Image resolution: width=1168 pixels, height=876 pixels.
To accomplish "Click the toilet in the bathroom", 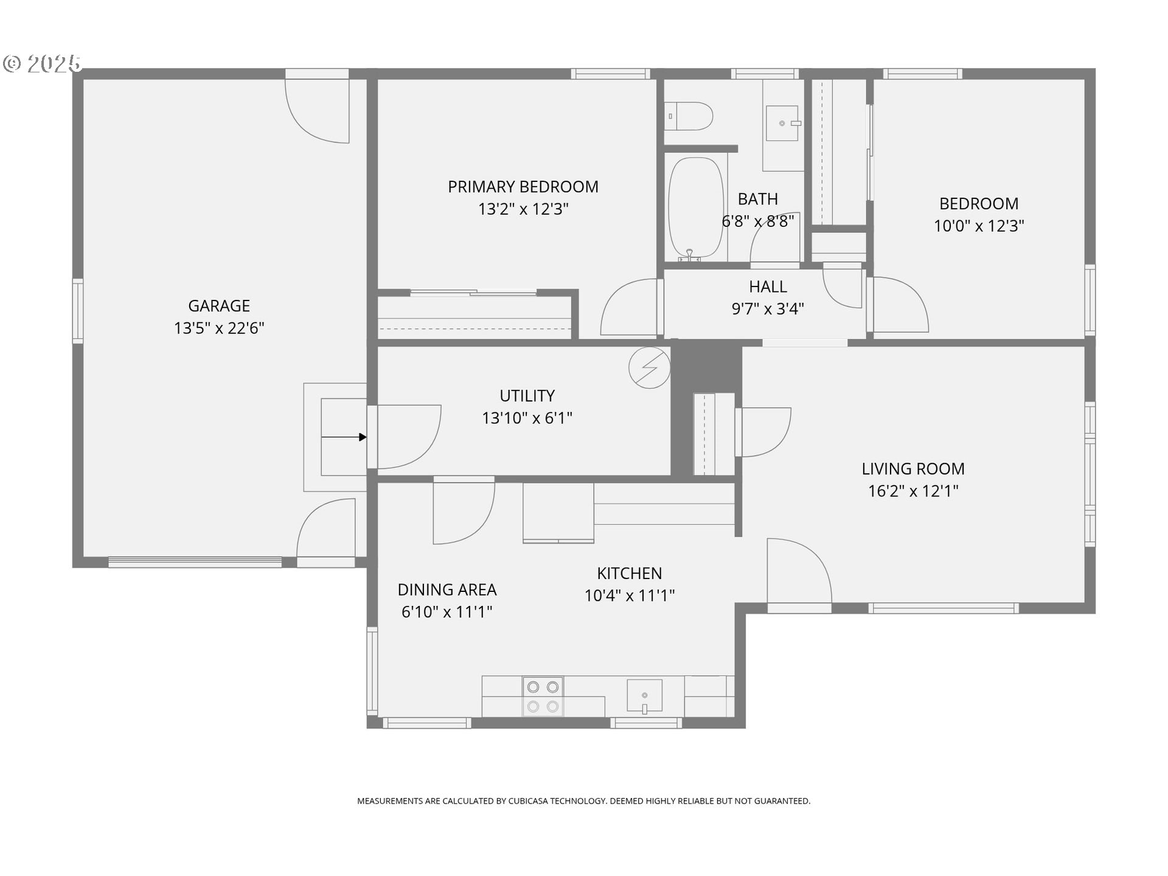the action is pyautogui.click(x=689, y=116).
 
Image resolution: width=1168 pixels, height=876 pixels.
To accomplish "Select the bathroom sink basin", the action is pyautogui.click(x=782, y=123).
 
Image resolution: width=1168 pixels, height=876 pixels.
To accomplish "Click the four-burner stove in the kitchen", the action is pyautogui.click(x=543, y=697).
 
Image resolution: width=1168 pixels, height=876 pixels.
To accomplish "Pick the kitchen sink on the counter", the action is pyautogui.click(x=644, y=696).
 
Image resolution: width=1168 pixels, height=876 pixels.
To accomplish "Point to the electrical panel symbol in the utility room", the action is pyautogui.click(x=650, y=367).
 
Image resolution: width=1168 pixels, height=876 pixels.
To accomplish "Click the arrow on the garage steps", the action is pyautogui.click(x=344, y=437).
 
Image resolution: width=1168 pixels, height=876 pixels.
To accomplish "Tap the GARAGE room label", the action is pyautogui.click(x=219, y=305).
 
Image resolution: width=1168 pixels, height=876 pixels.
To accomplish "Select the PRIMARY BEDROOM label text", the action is pyautogui.click(x=523, y=187).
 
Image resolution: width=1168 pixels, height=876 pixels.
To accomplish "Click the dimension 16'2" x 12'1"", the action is pyautogui.click(x=913, y=491).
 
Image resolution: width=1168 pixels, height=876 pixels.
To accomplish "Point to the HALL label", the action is pyautogui.click(x=768, y=287).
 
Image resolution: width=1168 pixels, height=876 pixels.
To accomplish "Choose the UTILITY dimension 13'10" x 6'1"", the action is pyautogui.click(x=527, y=418).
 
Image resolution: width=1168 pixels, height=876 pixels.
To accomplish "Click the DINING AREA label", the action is pyautogui.click(x=447, y=589).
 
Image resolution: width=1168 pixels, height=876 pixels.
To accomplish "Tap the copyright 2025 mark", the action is pyautogui.click(x=42, y=63).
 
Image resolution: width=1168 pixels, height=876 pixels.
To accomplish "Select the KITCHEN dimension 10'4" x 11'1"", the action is pyautogui.click(x=630, y=595).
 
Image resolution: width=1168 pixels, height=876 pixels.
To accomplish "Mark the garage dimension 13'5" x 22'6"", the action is pyautogui.click(x=219, y=328).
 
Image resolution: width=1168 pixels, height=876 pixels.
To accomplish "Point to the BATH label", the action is pyautogui.click(x=758, y=199).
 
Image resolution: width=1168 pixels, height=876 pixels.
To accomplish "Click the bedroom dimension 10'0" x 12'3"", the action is pyautogui.click(x=979, y=226).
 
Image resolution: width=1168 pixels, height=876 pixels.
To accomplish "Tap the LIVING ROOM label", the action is pyautogui.click(x=913, y=468).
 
